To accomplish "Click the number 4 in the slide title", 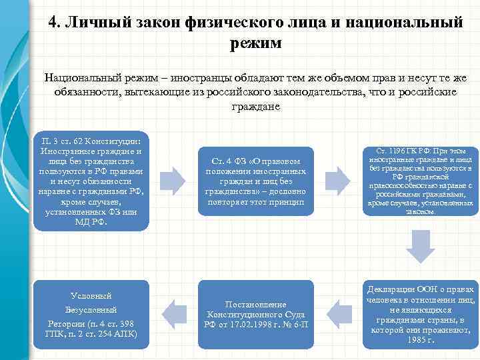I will point(53,23).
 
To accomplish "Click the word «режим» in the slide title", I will point(255,43).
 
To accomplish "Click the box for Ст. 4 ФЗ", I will point(257,181).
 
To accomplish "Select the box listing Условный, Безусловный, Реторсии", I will point(91,315).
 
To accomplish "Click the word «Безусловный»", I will point(91,310).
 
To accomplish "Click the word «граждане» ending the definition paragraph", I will point(256,107).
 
